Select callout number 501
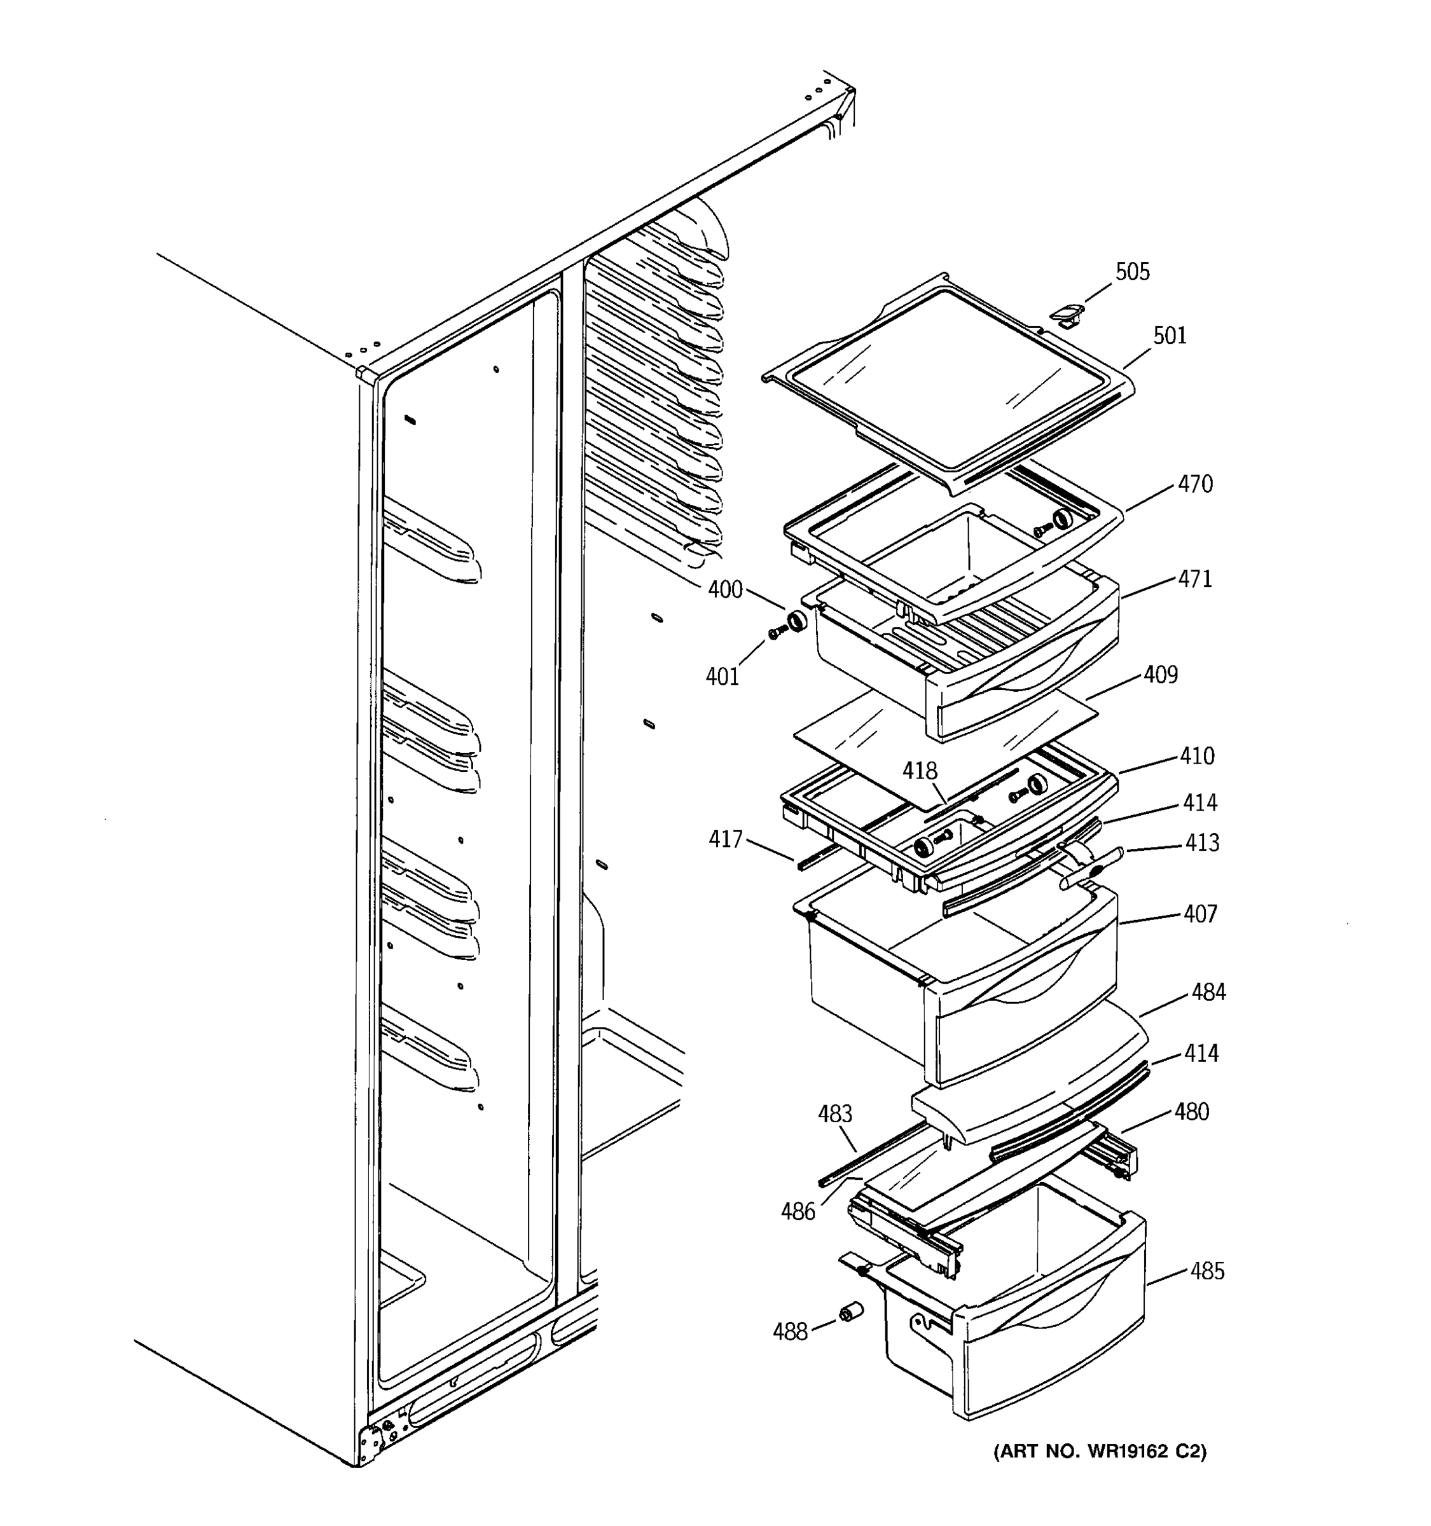pos(1169,336)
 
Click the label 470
pos(1195,485)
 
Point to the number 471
pos(1195,579)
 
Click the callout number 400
pos(724,589)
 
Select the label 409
pos(1160,675)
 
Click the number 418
pos(920,771)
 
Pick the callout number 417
pos(726,840)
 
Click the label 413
pos(1201,843)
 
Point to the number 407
pos(1200,914)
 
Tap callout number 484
pos(1208,993)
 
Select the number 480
pos(1191,1112)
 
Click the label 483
pos(834,1114)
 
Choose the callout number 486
pos(798,1212)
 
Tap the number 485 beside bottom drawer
pos(1208,1272)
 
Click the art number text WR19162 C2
pos(1100,1452)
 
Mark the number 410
pos(1198,756)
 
